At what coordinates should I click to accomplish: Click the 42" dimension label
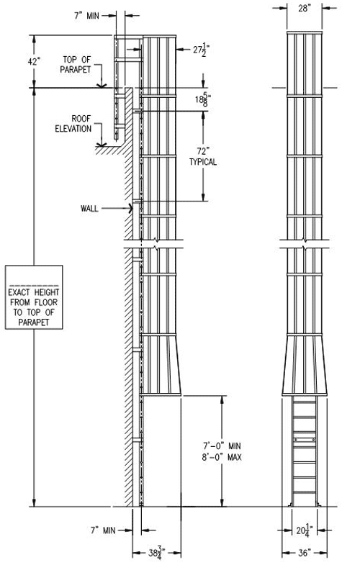[x=34, y=62]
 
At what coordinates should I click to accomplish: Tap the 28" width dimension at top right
[x=304, y=9]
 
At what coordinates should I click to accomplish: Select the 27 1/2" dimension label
[x=201, y=50]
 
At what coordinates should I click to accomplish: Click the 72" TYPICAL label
[x=203, y=156]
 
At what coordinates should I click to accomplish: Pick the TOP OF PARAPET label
[x=76, y=65]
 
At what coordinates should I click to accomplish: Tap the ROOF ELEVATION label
[x=73, y=124]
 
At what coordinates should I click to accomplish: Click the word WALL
[x=89, y=208]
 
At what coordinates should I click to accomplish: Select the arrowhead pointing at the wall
[x=130, y=208]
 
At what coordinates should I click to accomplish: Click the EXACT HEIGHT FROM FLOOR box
[x=34, y=297]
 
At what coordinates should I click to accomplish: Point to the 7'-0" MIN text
[x=221, y=446]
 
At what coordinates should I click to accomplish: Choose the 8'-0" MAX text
[x=222, y=457]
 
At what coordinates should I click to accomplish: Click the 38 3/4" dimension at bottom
[x=157, y=553]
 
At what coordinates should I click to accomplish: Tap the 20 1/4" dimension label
[x=305, y=530]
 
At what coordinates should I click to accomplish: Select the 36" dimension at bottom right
[x=305, y=553]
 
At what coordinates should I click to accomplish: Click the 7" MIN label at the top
[x=86, y=16]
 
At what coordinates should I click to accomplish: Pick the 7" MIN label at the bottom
[x=103, y=530]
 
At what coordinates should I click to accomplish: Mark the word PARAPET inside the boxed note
[x=34, y=322]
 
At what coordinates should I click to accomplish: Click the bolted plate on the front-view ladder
[x=305, y=440]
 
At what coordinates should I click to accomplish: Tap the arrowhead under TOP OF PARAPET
[x=102, y=86]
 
